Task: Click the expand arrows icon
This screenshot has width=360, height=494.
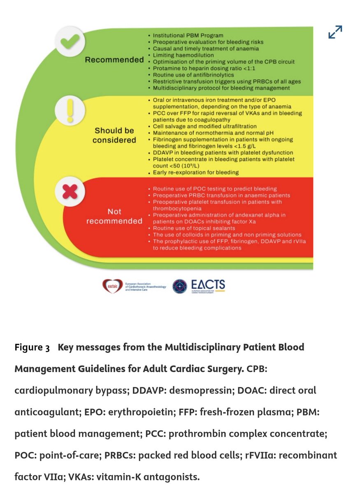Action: (335, 32)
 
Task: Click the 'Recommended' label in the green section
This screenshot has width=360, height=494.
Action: (114, 60)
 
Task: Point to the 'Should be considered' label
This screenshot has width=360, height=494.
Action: (114, 135)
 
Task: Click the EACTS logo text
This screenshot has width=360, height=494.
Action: (208, 285)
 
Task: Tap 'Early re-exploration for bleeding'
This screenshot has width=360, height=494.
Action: (196, 172)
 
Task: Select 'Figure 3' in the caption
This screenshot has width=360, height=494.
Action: (32, 347)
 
